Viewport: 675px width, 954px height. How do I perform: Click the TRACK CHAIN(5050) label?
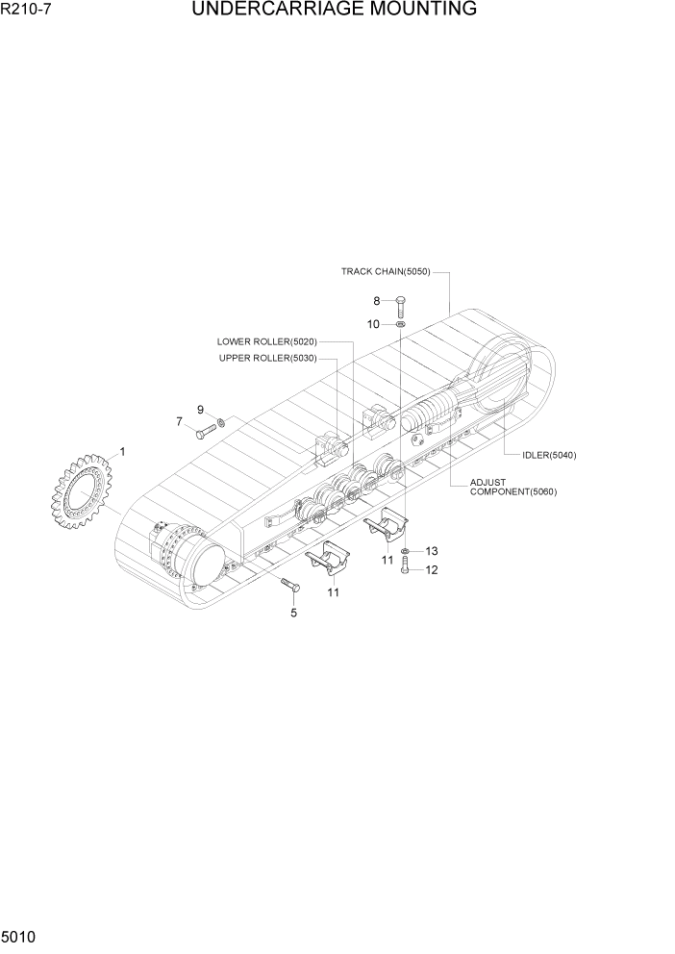click(x=385, y=271)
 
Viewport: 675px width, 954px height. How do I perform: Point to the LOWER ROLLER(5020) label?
click(x=266, y=341)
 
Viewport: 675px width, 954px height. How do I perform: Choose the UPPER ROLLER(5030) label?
click(x=267, y=359)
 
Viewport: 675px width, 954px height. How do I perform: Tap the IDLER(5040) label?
click(x=549, y=455)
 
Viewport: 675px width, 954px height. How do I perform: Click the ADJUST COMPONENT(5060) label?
click(x=512, y=487)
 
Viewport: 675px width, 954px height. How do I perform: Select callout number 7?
click(x=179, y=421)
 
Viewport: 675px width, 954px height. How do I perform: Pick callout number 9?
click(x=201, y=410)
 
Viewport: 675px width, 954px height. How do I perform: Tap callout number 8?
click(x=377, y=301)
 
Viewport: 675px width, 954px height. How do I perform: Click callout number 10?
click(x=373, y=324)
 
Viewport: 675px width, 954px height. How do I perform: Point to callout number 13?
click(x=432, y=551)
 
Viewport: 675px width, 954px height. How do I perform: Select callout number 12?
click(x=432, y=569)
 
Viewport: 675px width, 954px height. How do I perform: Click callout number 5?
click(x=293, y=613)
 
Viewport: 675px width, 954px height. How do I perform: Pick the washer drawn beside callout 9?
click(x=221, y=421)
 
